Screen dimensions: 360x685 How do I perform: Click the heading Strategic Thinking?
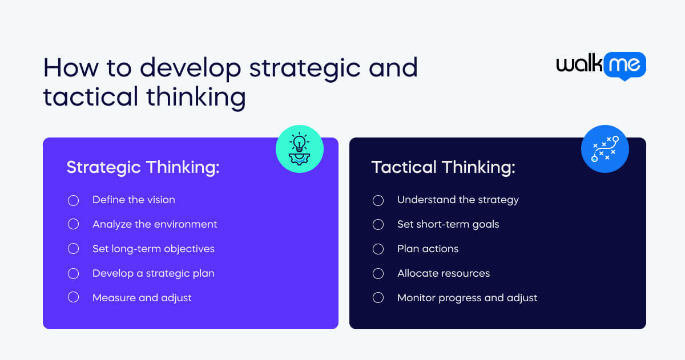click(x=143, y=167)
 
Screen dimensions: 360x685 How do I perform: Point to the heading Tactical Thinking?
click(x=444, y=167)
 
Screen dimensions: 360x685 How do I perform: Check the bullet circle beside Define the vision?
click(x=73, y=200)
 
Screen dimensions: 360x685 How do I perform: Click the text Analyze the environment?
click(x=155, y=224)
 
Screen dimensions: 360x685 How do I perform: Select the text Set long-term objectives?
click(x=154, y=249)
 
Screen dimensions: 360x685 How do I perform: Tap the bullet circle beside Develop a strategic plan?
click(x=73, y=273)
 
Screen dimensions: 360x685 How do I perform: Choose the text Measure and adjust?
click(x=142, y=298)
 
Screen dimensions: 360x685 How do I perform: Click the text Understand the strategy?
click(x=458, y=200)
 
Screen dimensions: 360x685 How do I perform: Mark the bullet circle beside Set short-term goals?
click(x=378, y=224)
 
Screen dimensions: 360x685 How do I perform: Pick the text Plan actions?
click(x=428, y=249)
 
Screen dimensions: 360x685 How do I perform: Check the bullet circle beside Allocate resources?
click(x=378, y=273)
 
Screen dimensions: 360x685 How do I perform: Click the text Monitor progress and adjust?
click(x=467, y=298)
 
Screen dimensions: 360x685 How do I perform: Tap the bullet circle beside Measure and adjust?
click(x=73, y=298)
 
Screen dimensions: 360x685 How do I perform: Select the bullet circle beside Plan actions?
click(x=378, y=249)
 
